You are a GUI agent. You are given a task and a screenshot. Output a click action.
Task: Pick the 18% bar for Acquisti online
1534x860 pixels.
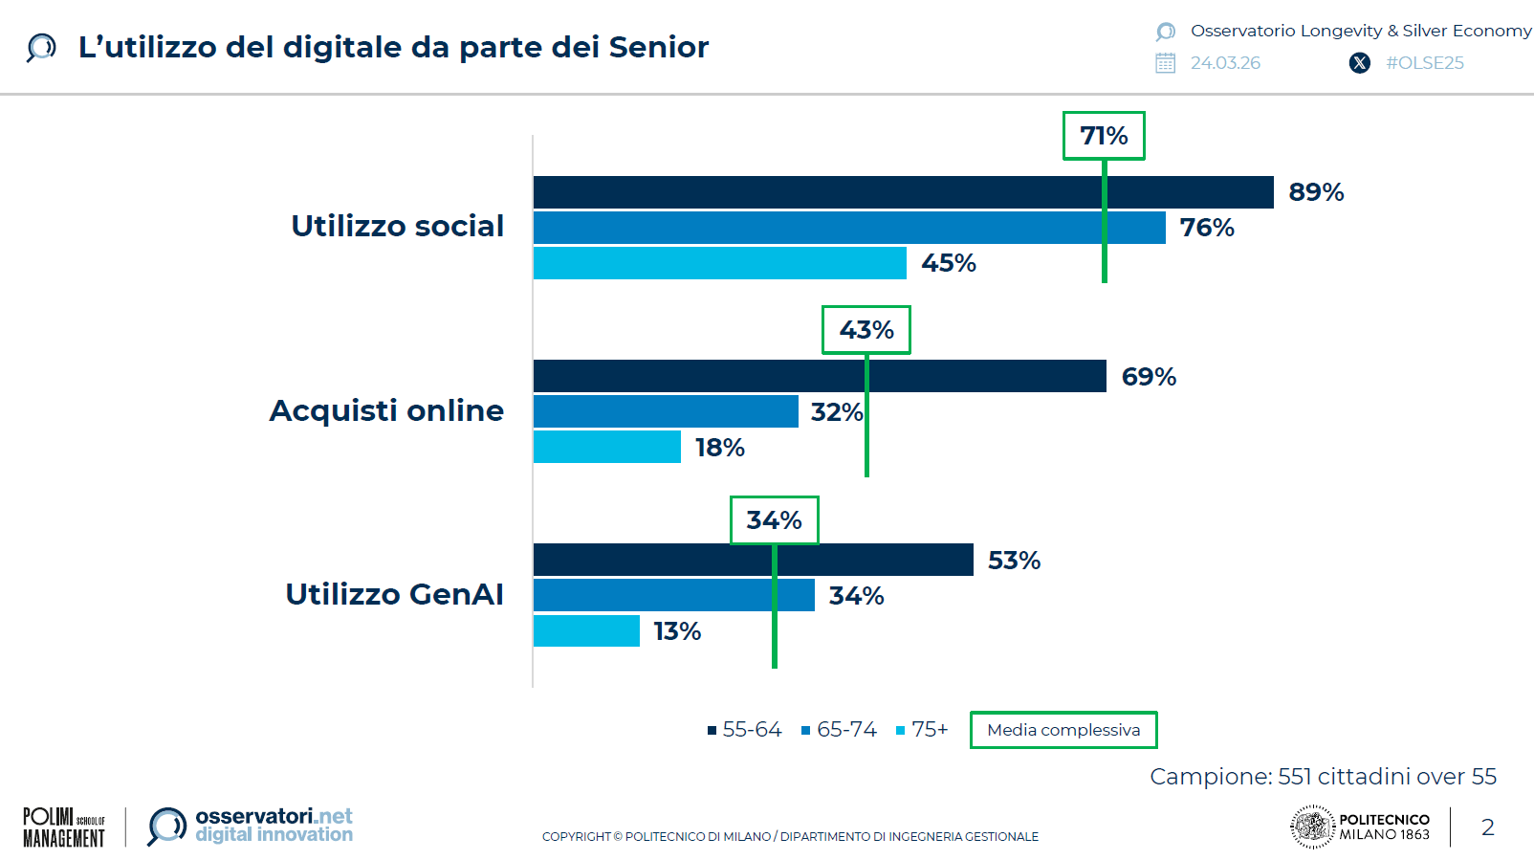pos(606,447)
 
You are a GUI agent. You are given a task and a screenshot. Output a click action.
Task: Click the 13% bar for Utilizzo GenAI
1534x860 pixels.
pos(586,631)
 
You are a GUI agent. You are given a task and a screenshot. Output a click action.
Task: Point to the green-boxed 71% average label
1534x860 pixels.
pos(1104,136)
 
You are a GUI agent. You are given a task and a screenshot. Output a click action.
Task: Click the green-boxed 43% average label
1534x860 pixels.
pos(866,330)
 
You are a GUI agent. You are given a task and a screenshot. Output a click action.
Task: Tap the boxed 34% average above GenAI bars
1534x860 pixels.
pos(774,520)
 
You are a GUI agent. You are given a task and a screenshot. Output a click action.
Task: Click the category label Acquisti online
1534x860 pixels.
pos(386,410)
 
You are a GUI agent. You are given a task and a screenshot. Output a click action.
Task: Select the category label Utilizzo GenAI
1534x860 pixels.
pos(394,594)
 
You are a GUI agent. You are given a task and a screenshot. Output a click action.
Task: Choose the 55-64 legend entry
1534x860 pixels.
pos(745,730)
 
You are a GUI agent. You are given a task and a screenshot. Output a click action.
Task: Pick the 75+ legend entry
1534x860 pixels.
pos(922,730)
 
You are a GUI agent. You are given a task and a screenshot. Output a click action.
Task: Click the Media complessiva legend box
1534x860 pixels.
pos(1063,730)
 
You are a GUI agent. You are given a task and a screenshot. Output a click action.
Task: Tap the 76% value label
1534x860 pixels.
pos(1207,228)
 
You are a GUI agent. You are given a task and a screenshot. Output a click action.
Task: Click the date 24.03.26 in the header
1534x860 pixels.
pos(1225,63)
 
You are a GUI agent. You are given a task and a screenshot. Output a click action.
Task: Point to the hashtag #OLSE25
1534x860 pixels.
pos(1425,63)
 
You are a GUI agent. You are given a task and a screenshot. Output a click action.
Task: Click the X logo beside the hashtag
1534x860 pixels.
pos(1359,63)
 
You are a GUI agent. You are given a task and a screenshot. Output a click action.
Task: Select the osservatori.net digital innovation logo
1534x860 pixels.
pos(251,826)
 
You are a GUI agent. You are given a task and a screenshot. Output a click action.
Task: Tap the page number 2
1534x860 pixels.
pos(1487,827)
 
